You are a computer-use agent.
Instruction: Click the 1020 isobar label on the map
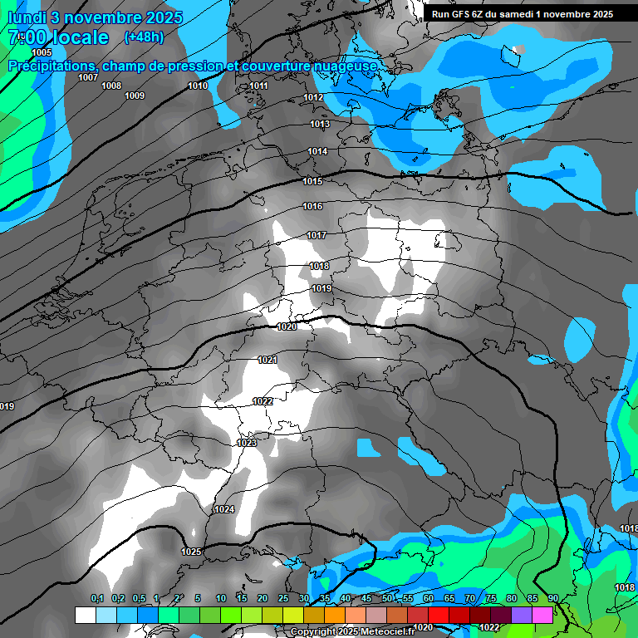(x=287, y=326)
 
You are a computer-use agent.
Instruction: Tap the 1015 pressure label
(x=312, y=181)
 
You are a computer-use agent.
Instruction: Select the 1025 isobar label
(x=191, y=552)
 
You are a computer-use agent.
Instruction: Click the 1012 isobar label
(x=313, y=98)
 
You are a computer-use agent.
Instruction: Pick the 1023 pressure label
(x=247, y=444)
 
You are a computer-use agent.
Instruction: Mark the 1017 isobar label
(x=316, y=235)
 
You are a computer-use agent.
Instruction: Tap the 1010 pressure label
(x=198, y=86)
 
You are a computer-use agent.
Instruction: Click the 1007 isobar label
(x=88, y=77)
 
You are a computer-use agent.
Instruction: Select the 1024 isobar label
(x=224, y=509)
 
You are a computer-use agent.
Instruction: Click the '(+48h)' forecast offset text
(x=144, y=37)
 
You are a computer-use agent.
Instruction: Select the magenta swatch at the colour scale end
(x=542, y=615)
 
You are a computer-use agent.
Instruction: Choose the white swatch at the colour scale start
(x=85, y=615)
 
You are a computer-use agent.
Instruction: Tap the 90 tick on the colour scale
(x=552, y=599)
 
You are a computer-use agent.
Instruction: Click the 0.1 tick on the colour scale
(x=97, y=599)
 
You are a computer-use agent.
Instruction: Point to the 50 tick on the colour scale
(x=387, y=599)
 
